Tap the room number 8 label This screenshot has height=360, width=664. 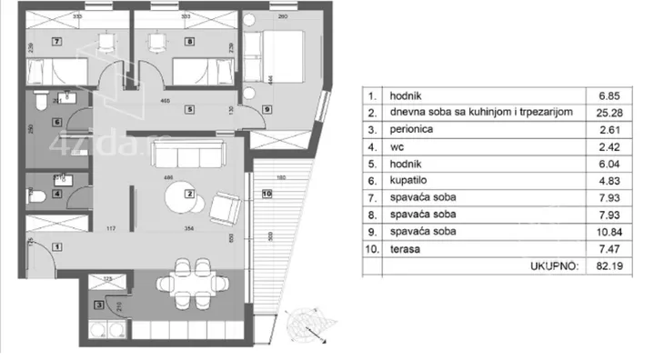(188, 42)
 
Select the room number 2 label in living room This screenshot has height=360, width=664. (189, 194)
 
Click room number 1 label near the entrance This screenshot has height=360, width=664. (56, 246)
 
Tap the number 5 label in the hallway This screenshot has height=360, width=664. (189, 110)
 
